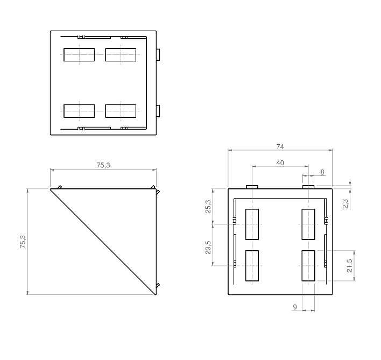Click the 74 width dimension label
tap(280, 147)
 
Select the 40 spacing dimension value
tap(280, 163)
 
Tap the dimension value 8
tap(322, 172)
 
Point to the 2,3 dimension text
tap(345, 203)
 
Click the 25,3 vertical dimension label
tap(208, 207)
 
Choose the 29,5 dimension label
tap(208, 248)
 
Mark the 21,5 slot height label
tap(349, 265)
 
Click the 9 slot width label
tap(295, 307)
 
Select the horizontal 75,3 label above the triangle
tap(103, 165)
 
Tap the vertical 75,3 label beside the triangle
tap(23, 242)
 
